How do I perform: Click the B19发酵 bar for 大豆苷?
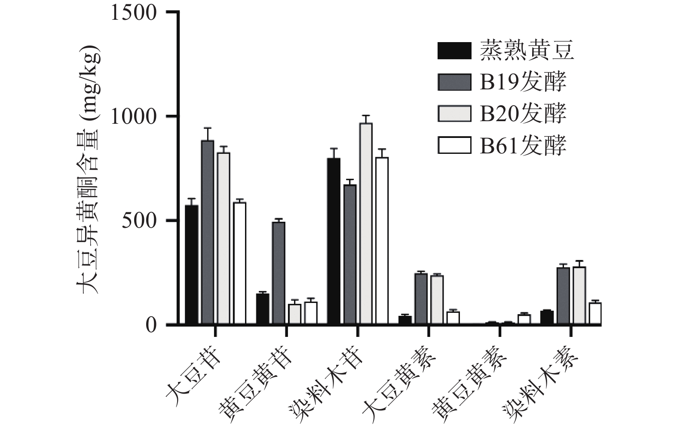point(208,232)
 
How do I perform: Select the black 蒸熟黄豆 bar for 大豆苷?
point(191,264)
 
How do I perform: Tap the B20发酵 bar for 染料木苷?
point(366,223)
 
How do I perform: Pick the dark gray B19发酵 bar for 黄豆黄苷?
point(279,272)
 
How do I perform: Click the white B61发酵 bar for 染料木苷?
point(382,241)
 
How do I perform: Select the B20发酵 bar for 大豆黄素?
point(437,300)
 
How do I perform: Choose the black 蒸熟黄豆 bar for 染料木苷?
point(334,241)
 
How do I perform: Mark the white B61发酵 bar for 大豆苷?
point(239,263)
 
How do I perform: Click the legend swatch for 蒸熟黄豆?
point(454,51)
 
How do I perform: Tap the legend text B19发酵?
point(523,82)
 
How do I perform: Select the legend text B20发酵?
point(523,113)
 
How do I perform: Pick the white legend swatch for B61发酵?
point(454,145)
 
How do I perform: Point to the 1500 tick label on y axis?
point(134,12)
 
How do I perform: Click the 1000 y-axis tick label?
point(134,116)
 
